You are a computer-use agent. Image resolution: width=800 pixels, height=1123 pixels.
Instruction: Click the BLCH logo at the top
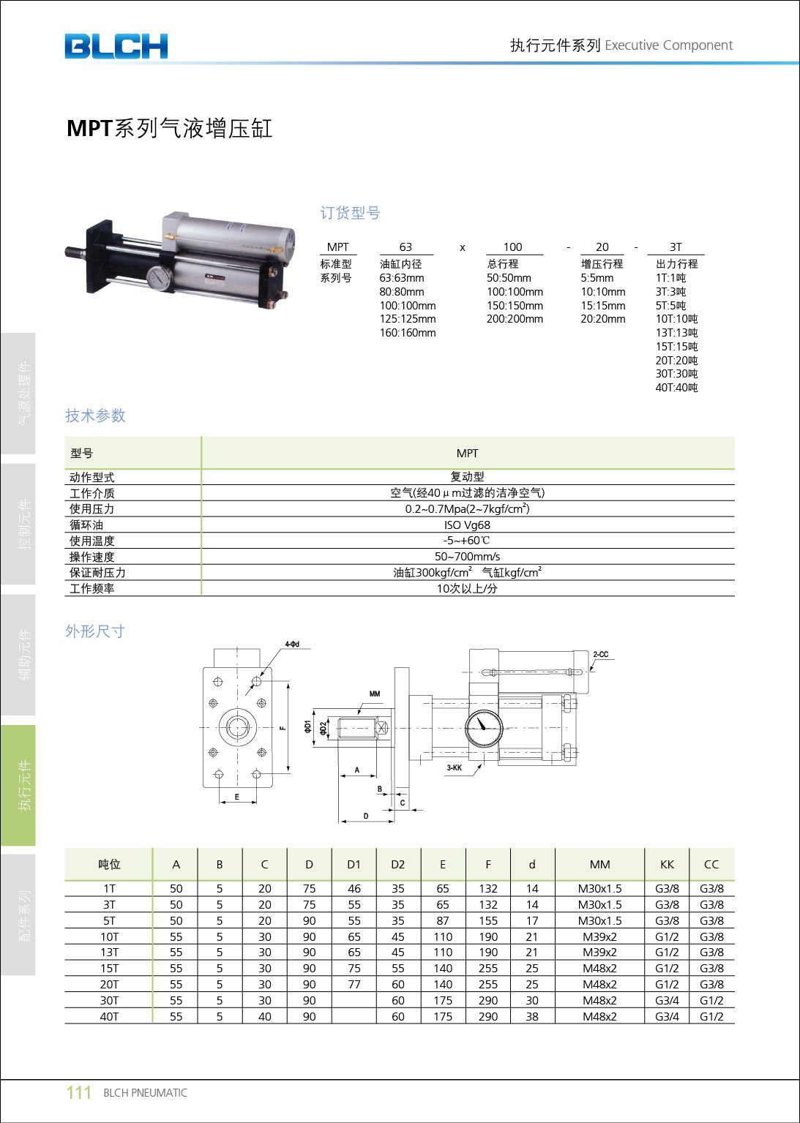pyautogui.click(x=116, y=46)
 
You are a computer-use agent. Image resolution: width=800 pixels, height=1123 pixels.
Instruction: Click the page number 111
pyautogui.click(x=78, y=1092)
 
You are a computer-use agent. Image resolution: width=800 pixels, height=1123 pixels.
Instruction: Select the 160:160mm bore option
pyautogui.click(x=407, y=333)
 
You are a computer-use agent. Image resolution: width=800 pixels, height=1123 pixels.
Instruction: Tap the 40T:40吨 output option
pyautogui.click(x=676, y=388)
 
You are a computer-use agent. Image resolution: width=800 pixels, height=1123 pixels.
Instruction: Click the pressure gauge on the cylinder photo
pyautogui.click(x=159, y=279)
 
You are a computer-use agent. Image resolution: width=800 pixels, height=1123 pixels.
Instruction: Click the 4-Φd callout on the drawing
pyautogui.click(x=292, y=645)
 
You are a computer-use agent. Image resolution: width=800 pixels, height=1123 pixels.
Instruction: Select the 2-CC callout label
pyautogui.click(x=600, y=655)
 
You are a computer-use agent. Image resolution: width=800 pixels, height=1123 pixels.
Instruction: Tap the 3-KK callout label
pyautogui.click(x=455, y=768)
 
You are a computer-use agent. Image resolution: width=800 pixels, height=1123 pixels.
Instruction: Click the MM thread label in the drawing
pyautogui.click(x=375, y=694)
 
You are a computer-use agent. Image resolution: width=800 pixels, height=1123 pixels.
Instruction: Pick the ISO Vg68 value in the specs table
pyautogui.click(x=467, y=525)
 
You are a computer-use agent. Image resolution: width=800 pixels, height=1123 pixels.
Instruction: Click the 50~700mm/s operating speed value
pyautogui.click(x=467, y=557)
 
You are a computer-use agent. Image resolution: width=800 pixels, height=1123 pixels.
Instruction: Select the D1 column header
pyautogui.click(x=354, y=864)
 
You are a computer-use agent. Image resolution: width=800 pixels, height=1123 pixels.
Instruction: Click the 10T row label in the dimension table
pyautogui.click(x=109, y=936)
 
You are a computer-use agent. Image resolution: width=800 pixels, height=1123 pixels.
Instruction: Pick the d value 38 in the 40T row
pyautogui.click(x=532, y=1016)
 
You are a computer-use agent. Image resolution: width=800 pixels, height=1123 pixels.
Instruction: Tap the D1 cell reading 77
pyautogui.click(x=354, y=985)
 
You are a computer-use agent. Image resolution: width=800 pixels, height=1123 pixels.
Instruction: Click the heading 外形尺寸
pyautogui.click(x=95, y=631)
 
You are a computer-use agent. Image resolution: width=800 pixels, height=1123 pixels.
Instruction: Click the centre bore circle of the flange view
pyautogui.click(x=237, y=727)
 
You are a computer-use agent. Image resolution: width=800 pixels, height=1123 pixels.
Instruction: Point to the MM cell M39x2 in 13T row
pyautogui.click(x=599, y=953)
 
